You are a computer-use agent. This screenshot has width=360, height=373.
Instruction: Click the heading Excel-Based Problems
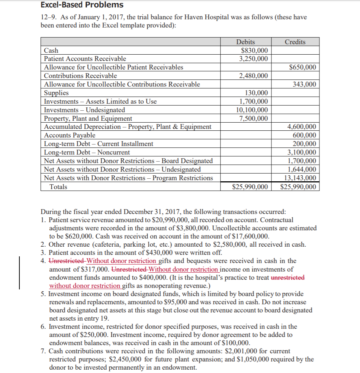click(82, 5)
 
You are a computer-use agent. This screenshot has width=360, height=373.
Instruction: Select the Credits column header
click(295, 42)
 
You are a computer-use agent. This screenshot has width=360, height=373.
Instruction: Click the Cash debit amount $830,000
click(254, 51)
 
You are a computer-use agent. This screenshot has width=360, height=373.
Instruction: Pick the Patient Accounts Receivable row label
click(85, 59)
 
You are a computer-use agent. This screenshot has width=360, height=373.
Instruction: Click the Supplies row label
click(56, 93)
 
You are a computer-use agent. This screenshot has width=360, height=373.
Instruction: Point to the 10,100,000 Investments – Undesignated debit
click(252, 110)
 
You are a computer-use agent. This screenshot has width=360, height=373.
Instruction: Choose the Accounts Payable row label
click(70, 135)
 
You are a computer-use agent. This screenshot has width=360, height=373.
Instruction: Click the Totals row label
click(58, 187)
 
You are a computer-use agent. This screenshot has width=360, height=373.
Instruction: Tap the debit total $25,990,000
click(250, 187)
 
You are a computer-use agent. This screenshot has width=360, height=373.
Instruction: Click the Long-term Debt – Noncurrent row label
click(87, 152)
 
